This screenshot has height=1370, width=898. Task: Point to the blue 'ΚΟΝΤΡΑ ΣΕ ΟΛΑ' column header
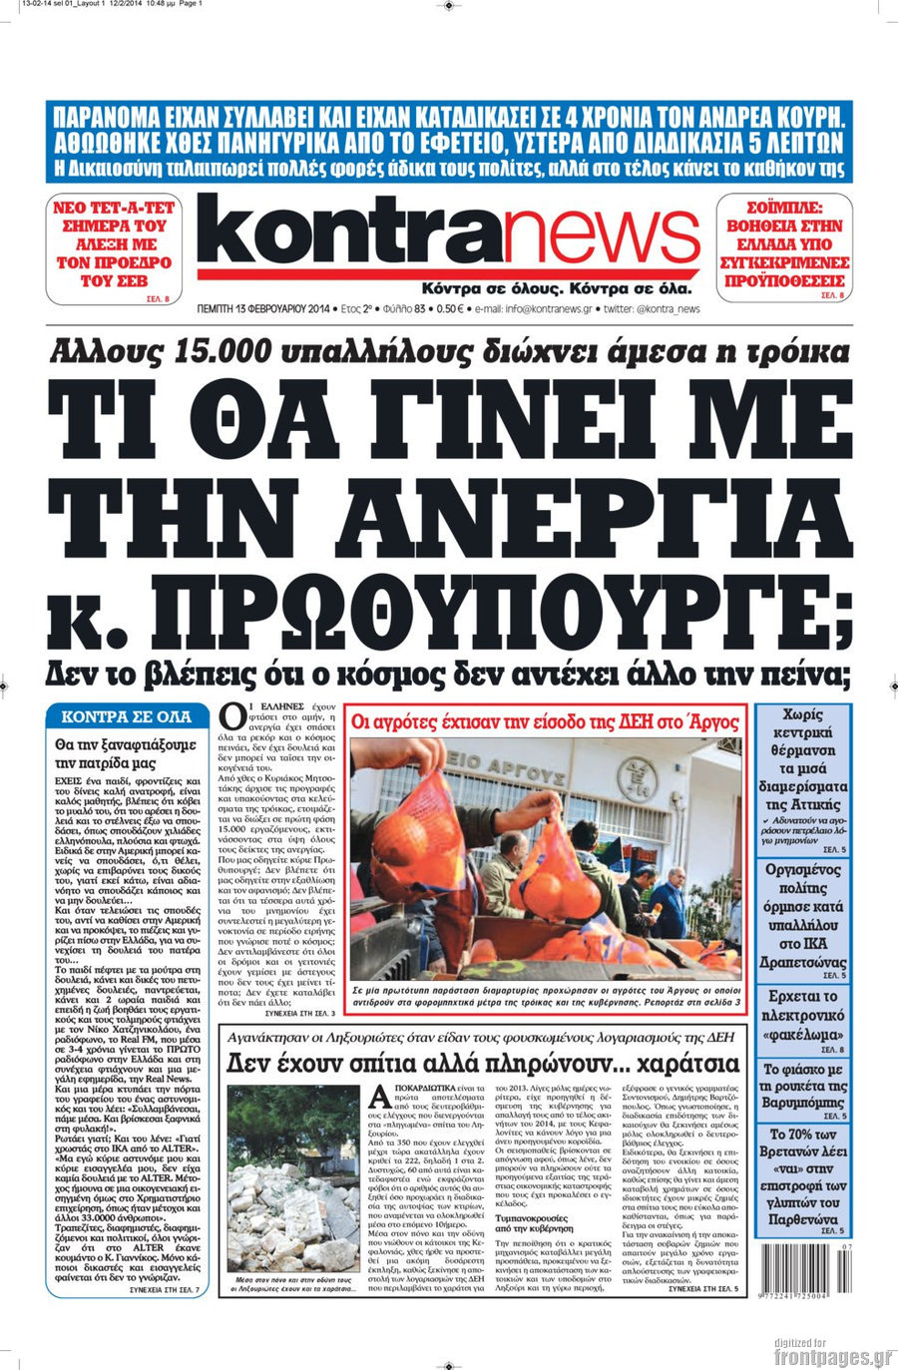point(126,716)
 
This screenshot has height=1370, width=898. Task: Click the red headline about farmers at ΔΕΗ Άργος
point(546,720)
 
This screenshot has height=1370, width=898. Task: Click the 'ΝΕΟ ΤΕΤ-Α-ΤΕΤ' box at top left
point(113,247)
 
